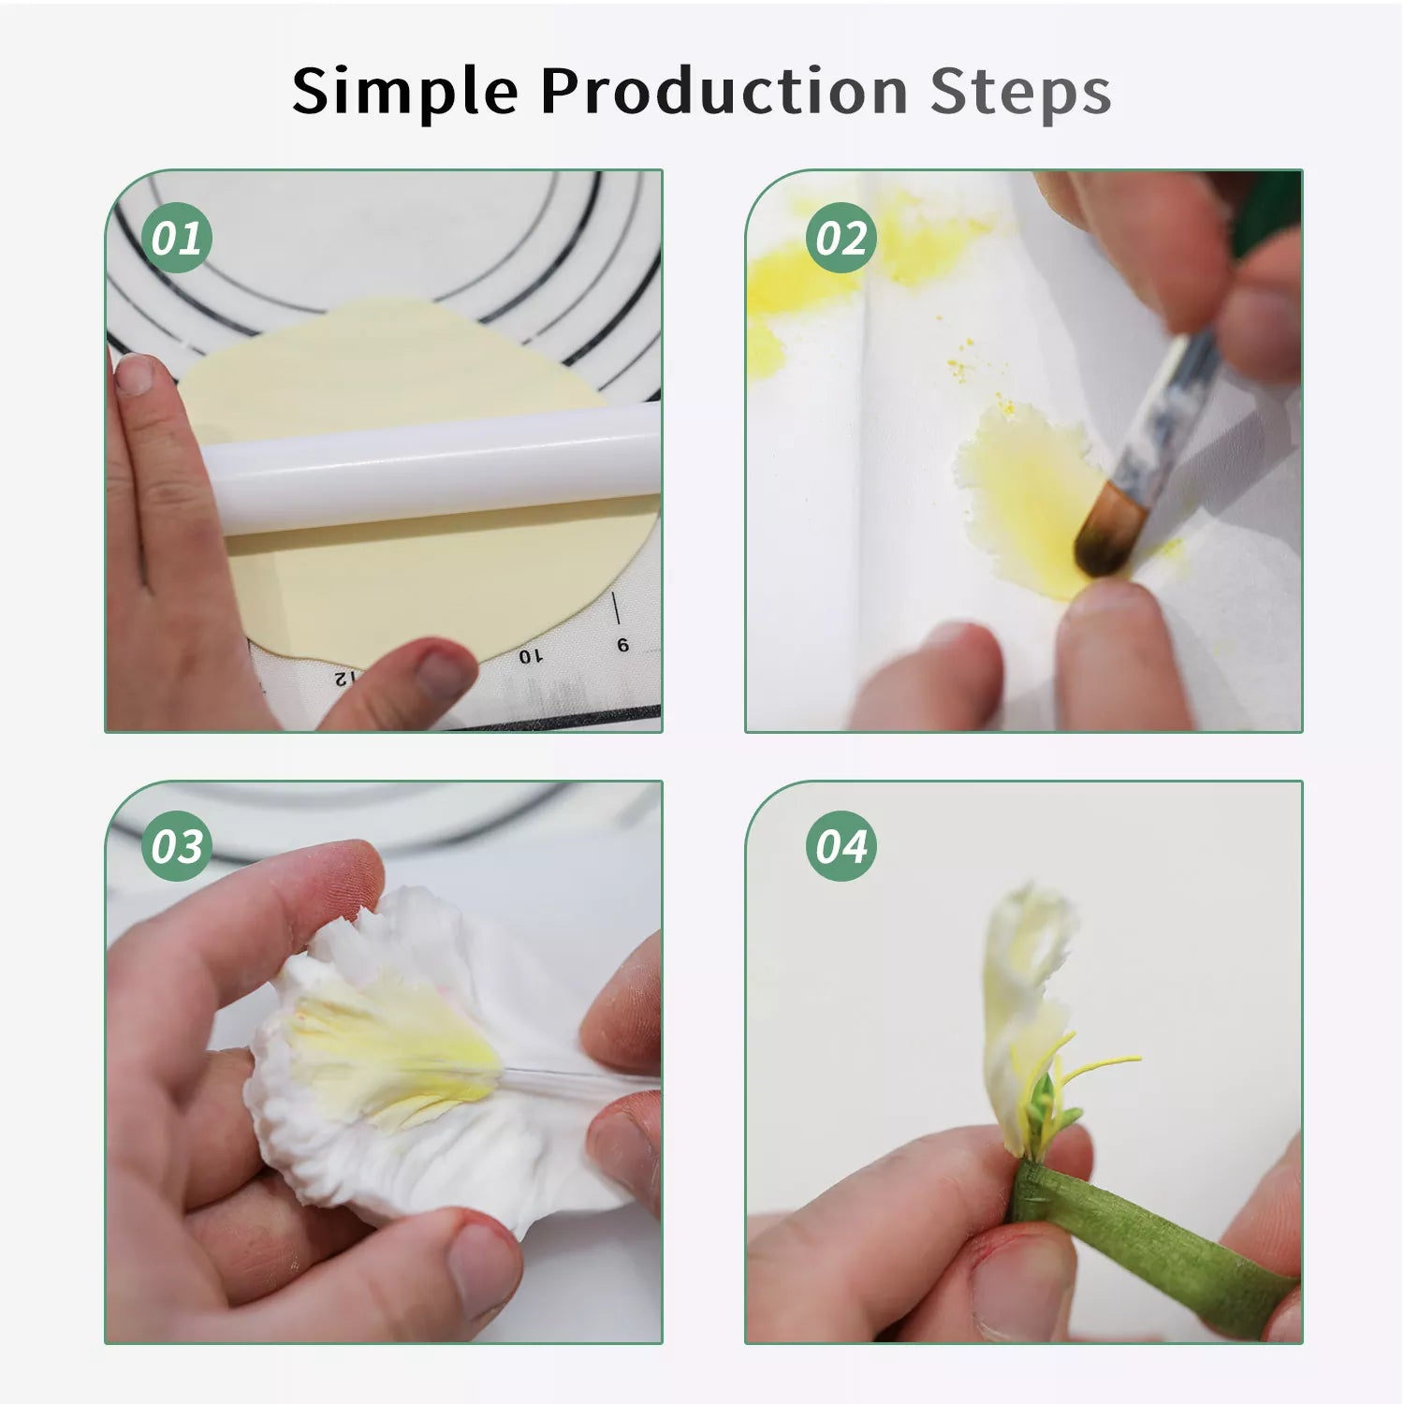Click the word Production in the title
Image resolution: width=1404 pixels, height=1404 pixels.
[724, 91]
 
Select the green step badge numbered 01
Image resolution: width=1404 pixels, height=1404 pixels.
[177, 238]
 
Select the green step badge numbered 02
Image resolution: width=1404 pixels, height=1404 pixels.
[841, 238]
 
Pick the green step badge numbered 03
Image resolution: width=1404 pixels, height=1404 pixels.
[177, 846]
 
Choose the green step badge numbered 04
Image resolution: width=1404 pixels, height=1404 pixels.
[841, 846]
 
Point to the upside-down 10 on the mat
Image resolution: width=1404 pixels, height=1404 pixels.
[531, 656]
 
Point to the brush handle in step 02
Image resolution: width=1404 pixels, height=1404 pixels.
[1170, 412]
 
